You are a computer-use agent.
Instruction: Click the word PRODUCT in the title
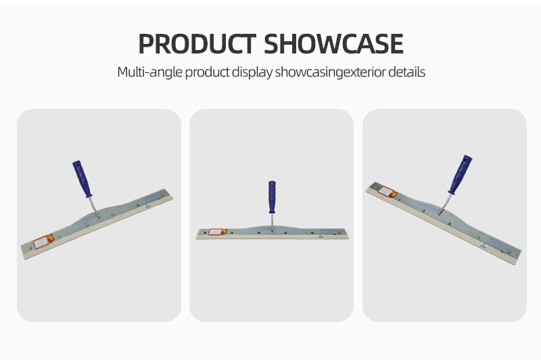[x=197, y=44]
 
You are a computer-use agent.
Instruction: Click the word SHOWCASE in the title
[x=333, y=44]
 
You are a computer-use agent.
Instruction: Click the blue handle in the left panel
[x=82, y=179]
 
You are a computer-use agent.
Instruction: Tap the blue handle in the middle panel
[x=272, y=197]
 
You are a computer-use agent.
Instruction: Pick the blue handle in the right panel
[x=461, y=175]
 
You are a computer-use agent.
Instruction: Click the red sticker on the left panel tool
[x=43, y=241]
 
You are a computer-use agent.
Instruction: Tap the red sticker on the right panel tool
[x=387, y=192]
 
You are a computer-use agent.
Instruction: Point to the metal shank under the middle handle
[x=272, y=221]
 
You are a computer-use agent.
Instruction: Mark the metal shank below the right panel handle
[x=445, y=204]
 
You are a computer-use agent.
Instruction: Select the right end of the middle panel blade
[x=348, y=235]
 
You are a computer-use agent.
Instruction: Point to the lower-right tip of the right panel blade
[x=516, y=264]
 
